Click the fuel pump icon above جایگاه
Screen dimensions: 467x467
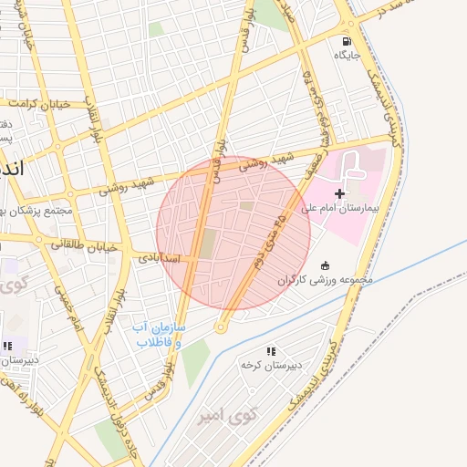(x=346, y=41)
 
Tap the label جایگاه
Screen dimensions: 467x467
(x=347, y=56)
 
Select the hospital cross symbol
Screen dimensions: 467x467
(x=340, y=193)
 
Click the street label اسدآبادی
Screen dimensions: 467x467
(x=163, y=258)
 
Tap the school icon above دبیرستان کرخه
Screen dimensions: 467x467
(x=271, y=351)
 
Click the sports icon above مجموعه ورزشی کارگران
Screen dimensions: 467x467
(x=326, y=265)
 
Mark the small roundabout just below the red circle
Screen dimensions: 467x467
(x=221, y=327)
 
